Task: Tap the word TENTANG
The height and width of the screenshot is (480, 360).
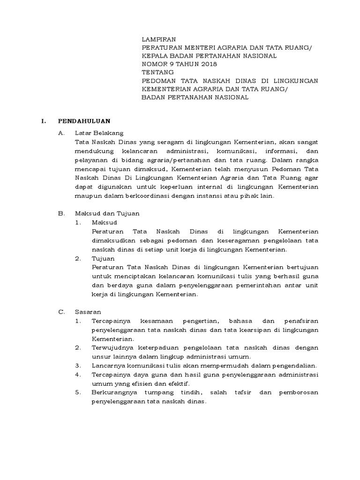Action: coord(158,72)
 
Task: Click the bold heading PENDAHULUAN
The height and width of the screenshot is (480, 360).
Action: coord(84,121)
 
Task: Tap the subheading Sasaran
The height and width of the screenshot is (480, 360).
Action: coord(88,311)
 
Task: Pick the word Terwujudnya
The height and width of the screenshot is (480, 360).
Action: coord(111,347)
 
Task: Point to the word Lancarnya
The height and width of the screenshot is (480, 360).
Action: coord(107,365)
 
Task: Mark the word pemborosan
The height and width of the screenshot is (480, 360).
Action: coord(301,392)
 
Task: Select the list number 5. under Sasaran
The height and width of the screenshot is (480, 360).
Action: coord(78,392)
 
